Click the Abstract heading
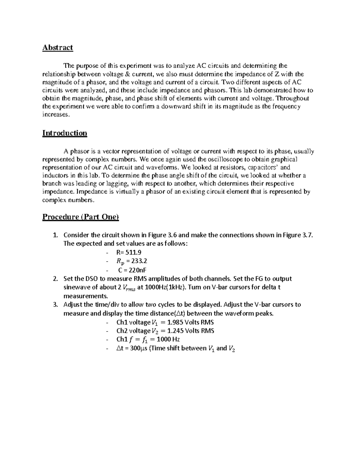pyautogui.click(x=58, y=48)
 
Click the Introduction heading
pyautogui.click(x=64, y=133)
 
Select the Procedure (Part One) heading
pyautogui.click(x=81, y=217)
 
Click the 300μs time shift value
pyautogui.click(x=138, y=348)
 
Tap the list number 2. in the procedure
pyautogui.click(x=55, y=279)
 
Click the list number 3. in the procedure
pyautogui.click(x=55, y=305)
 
